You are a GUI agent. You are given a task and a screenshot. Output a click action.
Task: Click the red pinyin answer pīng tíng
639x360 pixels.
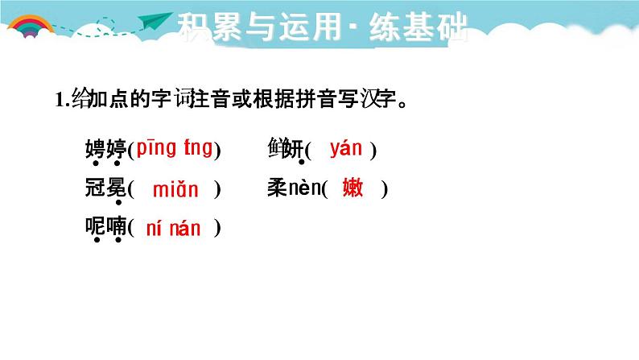coord(175,148)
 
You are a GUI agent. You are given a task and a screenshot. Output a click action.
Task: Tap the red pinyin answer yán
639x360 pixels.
coord(346,148)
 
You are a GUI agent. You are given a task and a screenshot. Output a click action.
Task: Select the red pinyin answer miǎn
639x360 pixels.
coord(175,190)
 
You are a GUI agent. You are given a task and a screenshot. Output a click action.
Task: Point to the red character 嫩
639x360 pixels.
coord(352,188)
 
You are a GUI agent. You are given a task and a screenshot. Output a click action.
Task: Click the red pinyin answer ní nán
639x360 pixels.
coord(174,228)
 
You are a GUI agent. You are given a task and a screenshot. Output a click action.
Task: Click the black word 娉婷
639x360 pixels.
coord(105,149)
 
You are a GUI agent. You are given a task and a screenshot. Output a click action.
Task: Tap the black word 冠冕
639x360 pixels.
coord(105,190)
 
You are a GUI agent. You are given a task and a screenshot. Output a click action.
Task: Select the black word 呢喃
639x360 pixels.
coord(105,228)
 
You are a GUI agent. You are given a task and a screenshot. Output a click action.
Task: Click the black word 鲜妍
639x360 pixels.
coord(286,149)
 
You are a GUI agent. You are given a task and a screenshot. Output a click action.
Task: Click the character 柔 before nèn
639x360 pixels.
coord(277,189)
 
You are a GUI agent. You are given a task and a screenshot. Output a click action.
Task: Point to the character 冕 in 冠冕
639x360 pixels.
coord(116,190)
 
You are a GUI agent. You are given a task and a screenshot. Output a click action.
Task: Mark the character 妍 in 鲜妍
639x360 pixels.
coord(295,149)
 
